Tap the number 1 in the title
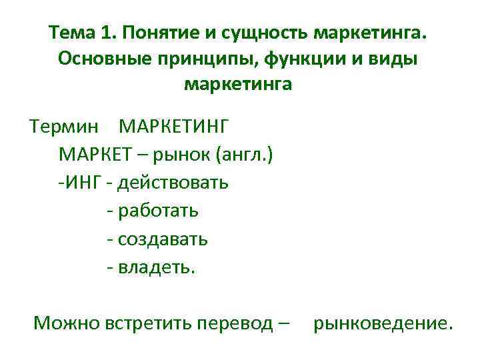tap(109, 33)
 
